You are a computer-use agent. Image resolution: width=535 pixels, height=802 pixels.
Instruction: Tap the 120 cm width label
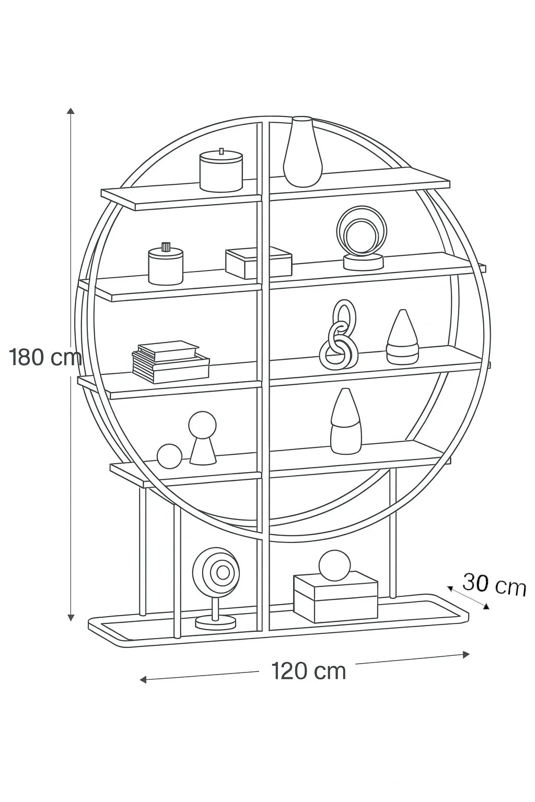click(308, 671)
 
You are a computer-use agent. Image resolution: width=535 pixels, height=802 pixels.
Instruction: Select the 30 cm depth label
click(494, 584)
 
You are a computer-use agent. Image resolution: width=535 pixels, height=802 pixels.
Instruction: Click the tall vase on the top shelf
click(303, 152)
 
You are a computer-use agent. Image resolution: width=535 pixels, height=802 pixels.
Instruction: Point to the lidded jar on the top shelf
click(221, 171)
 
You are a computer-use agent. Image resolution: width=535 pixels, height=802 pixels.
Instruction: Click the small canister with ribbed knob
click(166, 265)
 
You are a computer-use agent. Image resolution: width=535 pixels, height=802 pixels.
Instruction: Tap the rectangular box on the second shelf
click(258, 263)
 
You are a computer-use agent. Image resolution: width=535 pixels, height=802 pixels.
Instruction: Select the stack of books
click(170, 360)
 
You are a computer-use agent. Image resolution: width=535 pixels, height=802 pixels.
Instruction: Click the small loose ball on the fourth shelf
click(169, 456)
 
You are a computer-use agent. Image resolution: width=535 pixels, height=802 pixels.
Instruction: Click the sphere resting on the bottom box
click(334, 565)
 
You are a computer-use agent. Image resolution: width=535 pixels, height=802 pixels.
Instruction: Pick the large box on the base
click(335, 599)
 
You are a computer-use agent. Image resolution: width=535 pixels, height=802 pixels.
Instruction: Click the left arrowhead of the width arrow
click(142, 679)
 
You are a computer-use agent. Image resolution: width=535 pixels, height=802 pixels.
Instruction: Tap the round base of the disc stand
click(215, 622)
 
